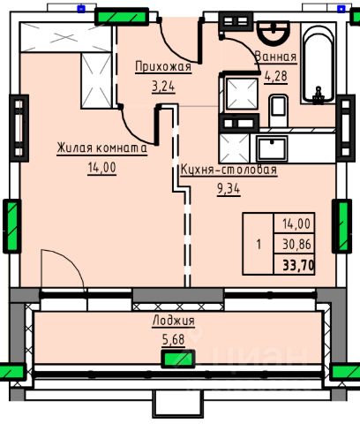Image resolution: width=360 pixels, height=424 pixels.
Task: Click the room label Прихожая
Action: [163, 66]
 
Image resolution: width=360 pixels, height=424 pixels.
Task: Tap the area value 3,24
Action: [163, 87]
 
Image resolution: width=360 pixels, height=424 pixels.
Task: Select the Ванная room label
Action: [275, 57]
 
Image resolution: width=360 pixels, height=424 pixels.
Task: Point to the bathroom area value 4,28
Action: [275, 76]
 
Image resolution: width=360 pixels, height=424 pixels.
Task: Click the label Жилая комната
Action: [101, 148]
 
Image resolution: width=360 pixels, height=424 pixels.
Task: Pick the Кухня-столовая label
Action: [229, 170]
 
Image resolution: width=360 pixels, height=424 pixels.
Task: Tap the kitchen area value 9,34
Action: [229, 189]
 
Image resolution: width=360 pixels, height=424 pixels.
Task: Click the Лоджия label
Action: [174, 320]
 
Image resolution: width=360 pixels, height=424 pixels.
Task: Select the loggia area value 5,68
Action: [174, 340]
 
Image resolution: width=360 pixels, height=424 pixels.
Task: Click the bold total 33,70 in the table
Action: [298, 266]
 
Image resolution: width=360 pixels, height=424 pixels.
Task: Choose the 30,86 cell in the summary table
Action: [296, 245]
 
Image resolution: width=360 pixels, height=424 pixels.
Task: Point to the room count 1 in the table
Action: [259, 245]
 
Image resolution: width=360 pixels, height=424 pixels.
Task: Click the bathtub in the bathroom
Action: [319, 64]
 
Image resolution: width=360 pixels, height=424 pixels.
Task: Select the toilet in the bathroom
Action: [278, 110]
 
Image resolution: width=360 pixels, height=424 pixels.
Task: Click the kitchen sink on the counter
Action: [272, 148]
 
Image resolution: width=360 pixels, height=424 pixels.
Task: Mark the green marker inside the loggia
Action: [178, 359]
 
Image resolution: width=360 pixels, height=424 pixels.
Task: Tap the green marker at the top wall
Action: [122, 17]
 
